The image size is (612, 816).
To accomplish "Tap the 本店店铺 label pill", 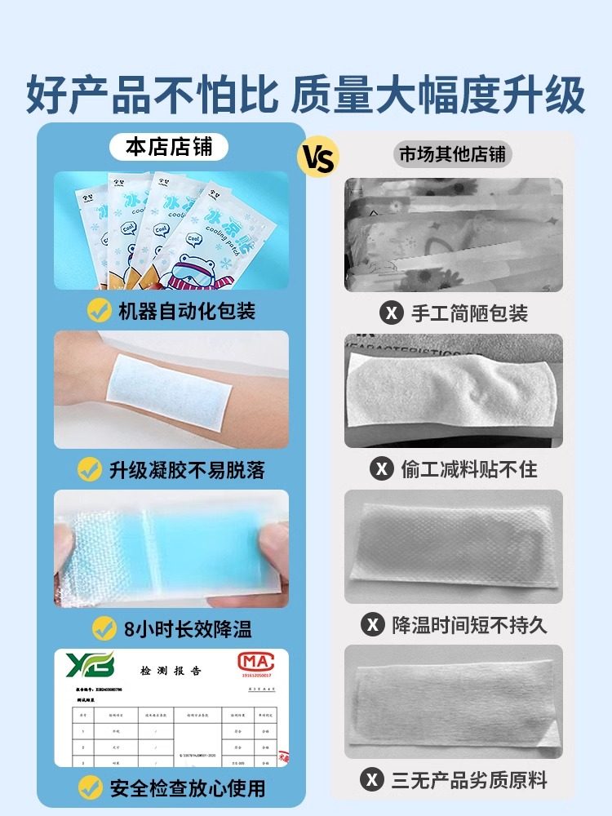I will tap(170, 147).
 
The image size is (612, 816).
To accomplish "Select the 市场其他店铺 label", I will tap(452, 154).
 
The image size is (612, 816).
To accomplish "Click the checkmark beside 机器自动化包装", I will tap(100, 311).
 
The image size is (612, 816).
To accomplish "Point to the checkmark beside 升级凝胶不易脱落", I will tap(90, 469).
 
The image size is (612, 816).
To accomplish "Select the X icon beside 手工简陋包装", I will tap(392, 313).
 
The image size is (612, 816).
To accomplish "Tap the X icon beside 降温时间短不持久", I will tap(372, 625).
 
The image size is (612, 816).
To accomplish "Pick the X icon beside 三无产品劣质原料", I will tap(372, 779).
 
